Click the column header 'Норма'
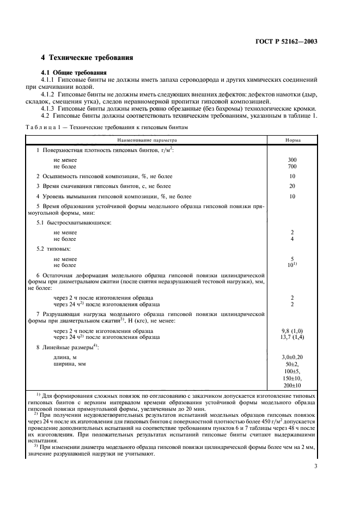(x=292, y=139)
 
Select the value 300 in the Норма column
(x=292, y=160)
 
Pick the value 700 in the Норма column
(x=292, y=166)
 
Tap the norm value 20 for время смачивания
(x=292, y=186)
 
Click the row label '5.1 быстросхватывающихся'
(x=73, y=223)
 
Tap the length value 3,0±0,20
(x=292, y=356)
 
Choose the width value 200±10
(x=292, y=385)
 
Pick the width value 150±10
(x=292, y=378)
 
